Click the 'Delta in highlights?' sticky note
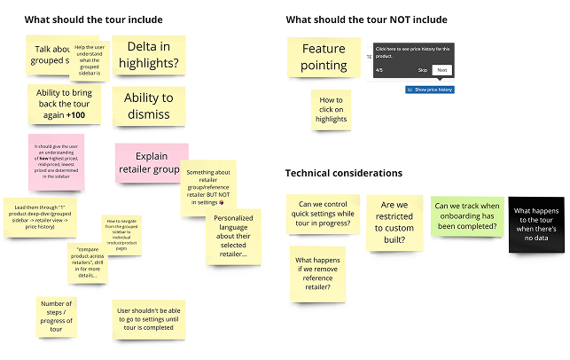[148, 56]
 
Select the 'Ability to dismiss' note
[148, 106]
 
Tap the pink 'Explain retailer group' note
[151, 163]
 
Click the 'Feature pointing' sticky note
[324, 57]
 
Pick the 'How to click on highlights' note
[332, 109]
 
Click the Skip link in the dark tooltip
[423, 69]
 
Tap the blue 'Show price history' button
[430, 90]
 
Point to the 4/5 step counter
[379, 69]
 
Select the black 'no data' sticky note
[536, 223]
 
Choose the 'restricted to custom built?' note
[395, 221]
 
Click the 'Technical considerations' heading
[343, 173]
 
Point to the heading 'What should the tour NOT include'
[366, 19]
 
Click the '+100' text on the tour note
[76, 115]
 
